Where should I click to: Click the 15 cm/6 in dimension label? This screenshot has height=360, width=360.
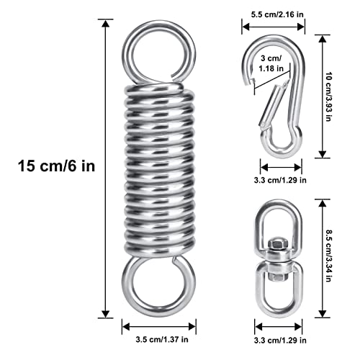tap(57, 166)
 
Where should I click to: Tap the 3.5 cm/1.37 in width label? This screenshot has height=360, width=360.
tap(162, 339)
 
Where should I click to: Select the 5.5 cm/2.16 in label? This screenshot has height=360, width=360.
tap(277, 14)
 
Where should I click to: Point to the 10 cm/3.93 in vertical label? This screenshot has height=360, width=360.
tap(328, 96)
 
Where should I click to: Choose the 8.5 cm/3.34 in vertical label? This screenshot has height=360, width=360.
tap(328, 256)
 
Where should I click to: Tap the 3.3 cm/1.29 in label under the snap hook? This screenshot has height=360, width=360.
tap(280, 180)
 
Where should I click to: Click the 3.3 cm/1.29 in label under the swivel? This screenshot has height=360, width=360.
tap(280, 340)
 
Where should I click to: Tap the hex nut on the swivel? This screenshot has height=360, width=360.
tap(277, 244)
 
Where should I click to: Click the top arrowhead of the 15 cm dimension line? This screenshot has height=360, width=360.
tap(105, 24)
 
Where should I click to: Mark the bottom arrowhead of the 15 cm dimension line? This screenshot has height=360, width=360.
tap(105, 314)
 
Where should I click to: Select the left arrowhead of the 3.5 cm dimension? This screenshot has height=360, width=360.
tap(127, 326)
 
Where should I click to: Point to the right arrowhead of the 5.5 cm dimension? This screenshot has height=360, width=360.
tap(300, 27)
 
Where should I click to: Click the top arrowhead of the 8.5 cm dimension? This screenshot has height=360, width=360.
tap(323, 204)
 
